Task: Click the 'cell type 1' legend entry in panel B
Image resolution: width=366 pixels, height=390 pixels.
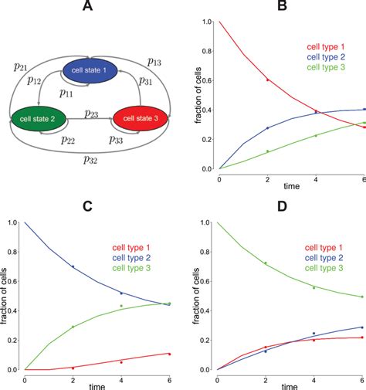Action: click(x=325, y=45)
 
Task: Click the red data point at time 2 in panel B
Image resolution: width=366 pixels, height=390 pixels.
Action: click(x=268, y=80)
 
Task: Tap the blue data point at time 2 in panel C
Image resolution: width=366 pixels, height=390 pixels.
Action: click(x=73, y=266)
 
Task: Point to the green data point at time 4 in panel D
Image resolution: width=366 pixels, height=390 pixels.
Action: click(x=315, y=287)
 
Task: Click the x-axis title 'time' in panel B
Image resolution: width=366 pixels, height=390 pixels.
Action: click(x=291, y=187)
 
